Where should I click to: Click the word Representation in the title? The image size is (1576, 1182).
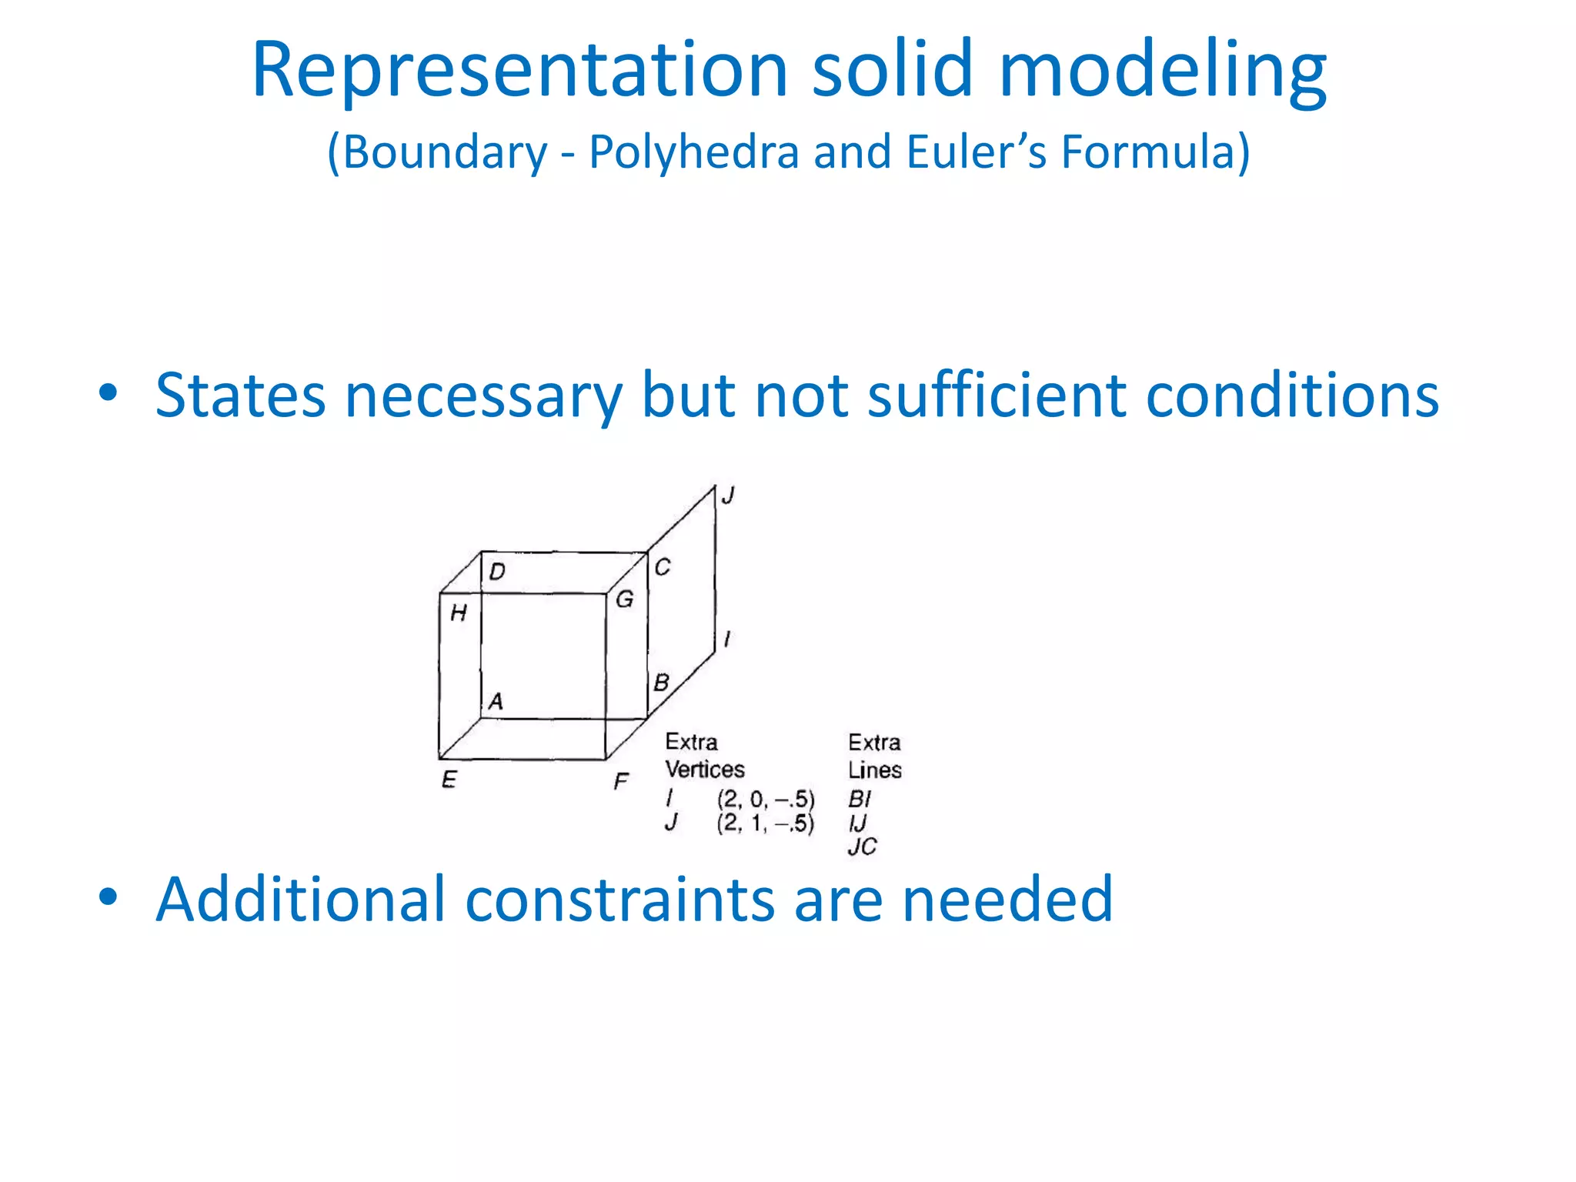(x=520, y=71)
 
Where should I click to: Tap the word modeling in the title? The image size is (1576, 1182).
(x=1162, y=71)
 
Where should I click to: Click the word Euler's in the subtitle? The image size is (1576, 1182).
(x=977, y=152)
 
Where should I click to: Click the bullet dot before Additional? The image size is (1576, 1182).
(x=108, y=897)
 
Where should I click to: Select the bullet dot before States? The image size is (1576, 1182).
(x=108, y=392)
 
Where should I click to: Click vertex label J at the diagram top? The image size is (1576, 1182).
(x=728, y=496)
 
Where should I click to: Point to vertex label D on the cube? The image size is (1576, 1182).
(x=497, y=572)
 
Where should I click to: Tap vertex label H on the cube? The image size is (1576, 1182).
(x=459, y=613)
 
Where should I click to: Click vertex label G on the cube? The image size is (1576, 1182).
(x=625, y=599)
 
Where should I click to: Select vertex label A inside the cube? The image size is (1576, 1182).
(x=496, y=701)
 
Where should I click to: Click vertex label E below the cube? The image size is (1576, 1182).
(x=449, y=780)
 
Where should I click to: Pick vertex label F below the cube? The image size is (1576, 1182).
(x=621, y=782)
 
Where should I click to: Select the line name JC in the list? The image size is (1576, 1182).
(x=862, y=847)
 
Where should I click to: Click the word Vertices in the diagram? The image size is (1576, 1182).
(x=705, y=770)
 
